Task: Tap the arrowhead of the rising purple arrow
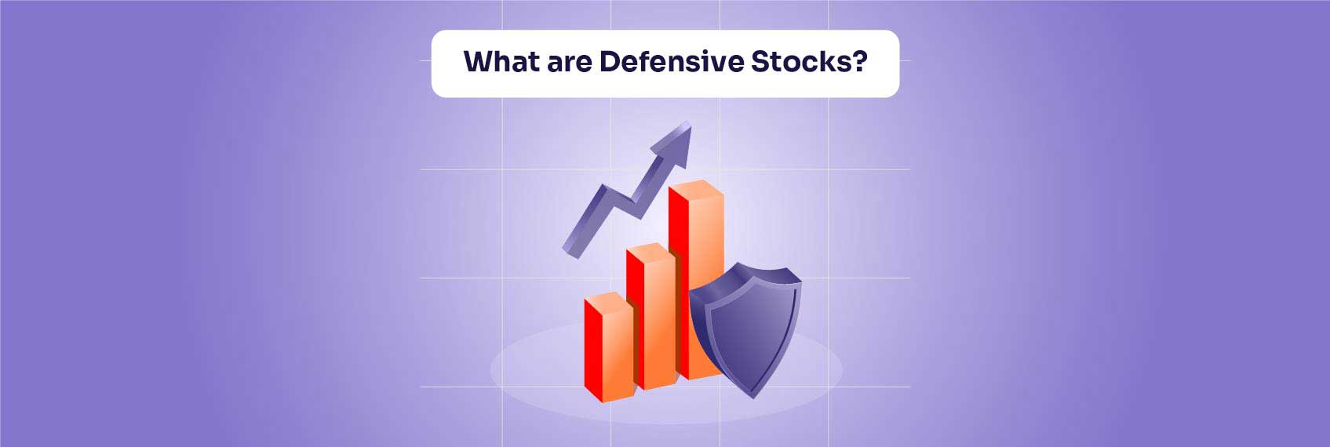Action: (x=680, y=141)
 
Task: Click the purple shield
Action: (x=745, y=329)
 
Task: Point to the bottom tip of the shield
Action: (x=752, y=395)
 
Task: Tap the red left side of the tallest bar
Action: (x=678, y=282)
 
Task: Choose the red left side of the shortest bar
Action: (x=592, y=349)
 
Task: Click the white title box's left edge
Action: (x=432, y=64)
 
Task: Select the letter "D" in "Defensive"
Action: (x=610, y=62)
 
